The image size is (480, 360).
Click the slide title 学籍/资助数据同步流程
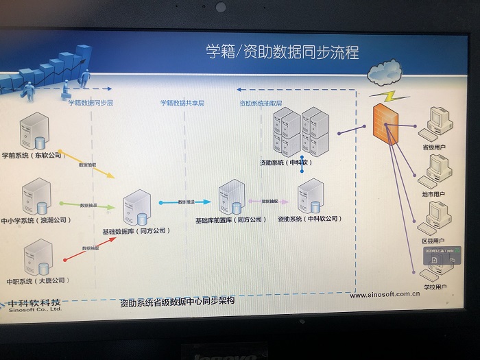point(283,52)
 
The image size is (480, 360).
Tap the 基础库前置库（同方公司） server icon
point(230,198)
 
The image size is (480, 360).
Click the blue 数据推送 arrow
point(184,202)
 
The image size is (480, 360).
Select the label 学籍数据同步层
point(91,103)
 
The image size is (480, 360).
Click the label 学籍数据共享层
point(182,103)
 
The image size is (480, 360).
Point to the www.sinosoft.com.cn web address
point(385,295)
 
